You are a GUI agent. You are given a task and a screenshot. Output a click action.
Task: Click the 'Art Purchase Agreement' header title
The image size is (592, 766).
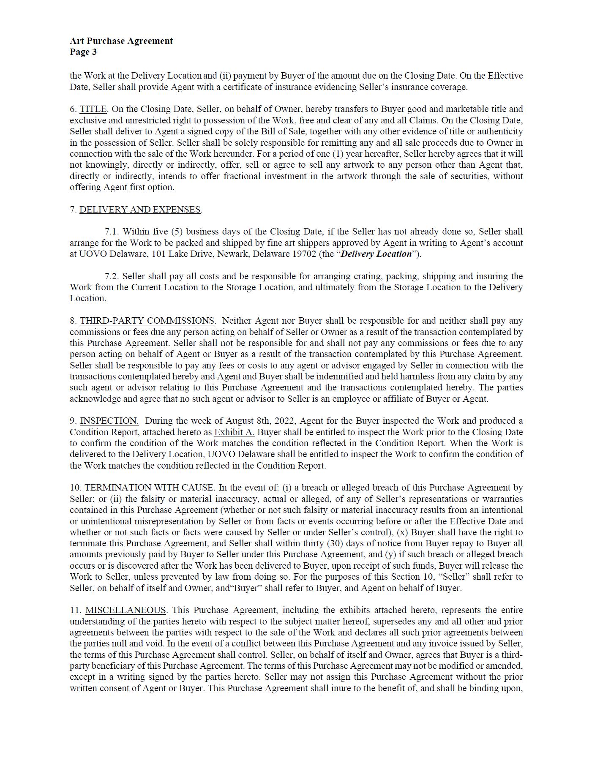tap(121, 41)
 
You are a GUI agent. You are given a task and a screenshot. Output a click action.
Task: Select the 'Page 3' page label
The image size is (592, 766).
tap(83, 52)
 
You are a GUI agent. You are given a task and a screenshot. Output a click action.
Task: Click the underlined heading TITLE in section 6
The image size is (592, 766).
tap(93, 109)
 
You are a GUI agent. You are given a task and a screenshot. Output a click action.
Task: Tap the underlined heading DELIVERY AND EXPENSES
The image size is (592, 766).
tap(140, 210)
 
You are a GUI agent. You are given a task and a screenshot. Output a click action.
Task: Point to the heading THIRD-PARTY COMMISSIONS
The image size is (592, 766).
tap(147, 321)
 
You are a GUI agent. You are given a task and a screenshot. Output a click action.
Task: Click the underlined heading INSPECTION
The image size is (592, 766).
tap(109, 421)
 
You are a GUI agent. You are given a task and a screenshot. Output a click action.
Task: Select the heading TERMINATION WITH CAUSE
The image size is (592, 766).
tap(150, 488)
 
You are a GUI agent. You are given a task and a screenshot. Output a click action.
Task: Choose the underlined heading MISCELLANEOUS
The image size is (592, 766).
tap(125, 610)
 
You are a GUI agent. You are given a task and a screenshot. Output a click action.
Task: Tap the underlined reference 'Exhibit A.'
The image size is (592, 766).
tap(234, 432)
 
